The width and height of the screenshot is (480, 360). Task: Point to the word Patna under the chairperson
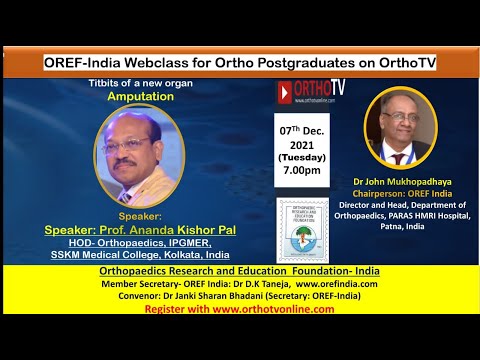[387, 226]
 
